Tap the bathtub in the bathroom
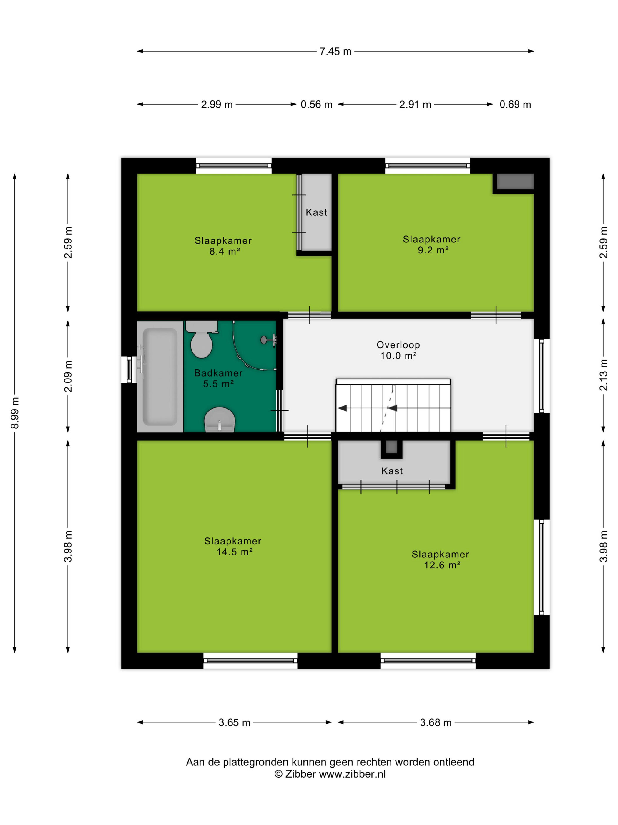(160, 376)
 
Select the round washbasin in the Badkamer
(220, 420)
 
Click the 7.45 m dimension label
(335, 52)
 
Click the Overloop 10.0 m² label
(398, 350)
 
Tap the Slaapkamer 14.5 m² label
(233, 546)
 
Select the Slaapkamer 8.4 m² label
(223, 246)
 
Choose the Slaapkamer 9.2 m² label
(431, 244)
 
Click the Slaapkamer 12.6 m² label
(440, 560)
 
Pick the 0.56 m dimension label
(316, 104)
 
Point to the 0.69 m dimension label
(515, 104)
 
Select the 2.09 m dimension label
(68, 376)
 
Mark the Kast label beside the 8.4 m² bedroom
(316, 212)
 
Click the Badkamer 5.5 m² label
(218, 378)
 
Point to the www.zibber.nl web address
(352, 774)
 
